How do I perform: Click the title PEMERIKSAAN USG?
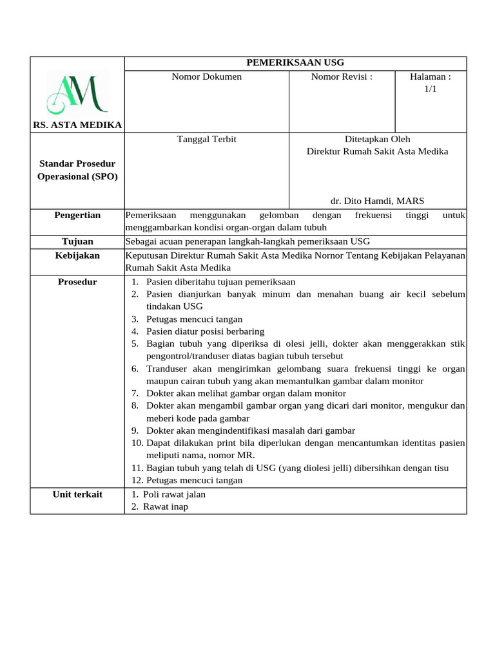point(296,62)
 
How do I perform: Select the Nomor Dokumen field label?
point(206,77)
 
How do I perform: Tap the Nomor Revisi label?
point(342,77)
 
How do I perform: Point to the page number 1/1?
point(430,89)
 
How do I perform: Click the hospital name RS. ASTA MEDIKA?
point(77,124)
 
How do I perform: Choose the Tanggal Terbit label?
point(206,139)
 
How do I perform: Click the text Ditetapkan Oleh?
point(377,139)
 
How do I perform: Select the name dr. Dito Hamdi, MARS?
point(377,201)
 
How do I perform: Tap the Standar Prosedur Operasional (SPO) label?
point(77,170)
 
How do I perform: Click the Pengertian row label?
point(77,215)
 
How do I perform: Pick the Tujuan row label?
point(77,241)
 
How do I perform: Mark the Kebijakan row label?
point(77,255)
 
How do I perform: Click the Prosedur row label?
point(77,282)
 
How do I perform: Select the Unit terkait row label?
point(77,494)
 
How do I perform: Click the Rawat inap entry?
point(166,506)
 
